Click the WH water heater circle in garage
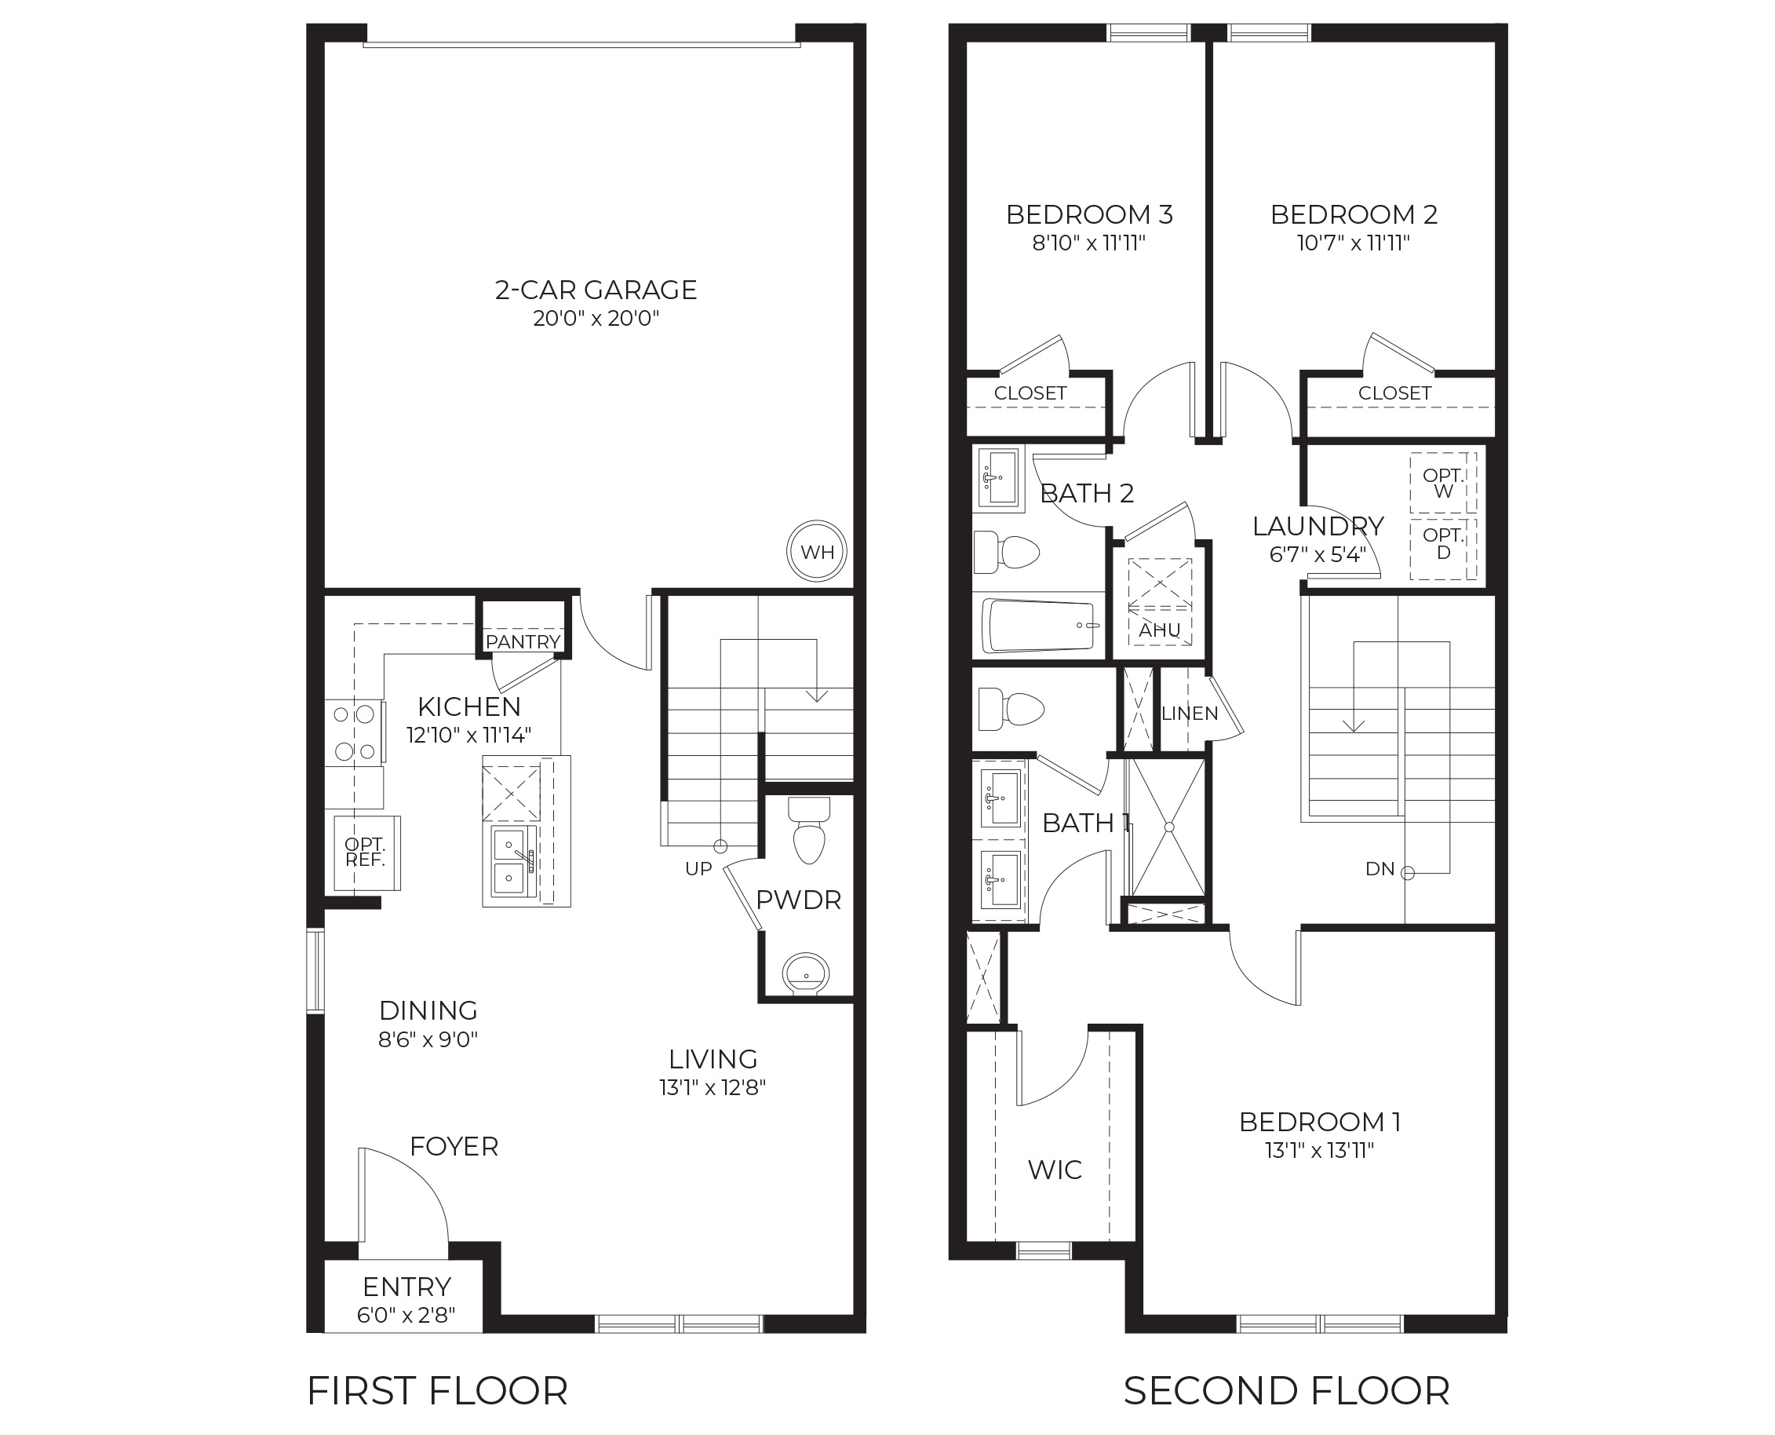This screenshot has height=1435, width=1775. coord(816,551)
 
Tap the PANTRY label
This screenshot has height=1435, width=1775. coord(523,641)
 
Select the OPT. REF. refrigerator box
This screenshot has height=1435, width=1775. coord(365,853)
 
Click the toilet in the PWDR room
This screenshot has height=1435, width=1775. coord(809,830)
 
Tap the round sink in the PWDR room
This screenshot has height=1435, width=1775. coord(805,973)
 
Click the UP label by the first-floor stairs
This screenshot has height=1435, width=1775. coord(698,869)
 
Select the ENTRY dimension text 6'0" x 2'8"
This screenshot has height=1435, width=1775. coord(406,1314)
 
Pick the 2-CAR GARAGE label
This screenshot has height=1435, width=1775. coord(596,290)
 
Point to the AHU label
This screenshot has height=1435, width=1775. coord(1159,630)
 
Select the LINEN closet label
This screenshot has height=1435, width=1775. coord(1189,714)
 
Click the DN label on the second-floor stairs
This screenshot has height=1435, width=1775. coord(1380,869)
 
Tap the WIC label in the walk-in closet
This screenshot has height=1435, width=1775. coord(1055,1169)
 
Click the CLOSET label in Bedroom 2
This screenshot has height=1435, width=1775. coord(1394,393)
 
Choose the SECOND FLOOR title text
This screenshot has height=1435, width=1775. coord(1286,1390)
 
